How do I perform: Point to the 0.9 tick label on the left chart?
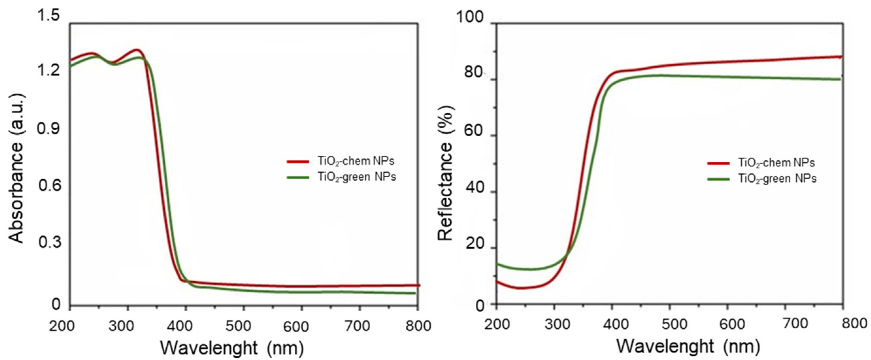pos(48,129)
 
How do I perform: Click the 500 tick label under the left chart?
pos(238,326)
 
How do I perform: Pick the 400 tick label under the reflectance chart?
pos(613,324)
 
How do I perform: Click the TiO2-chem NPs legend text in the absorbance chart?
pos(356,162)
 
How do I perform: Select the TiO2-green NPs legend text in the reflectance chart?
pos(777,179)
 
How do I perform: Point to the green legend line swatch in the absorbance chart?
pos(298,177)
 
